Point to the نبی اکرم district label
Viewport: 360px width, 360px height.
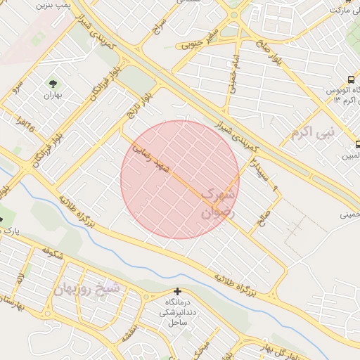(314, 131)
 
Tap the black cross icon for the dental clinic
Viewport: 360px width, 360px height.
(177, 291)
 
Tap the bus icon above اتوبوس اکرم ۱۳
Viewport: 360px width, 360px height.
(352, 79)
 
